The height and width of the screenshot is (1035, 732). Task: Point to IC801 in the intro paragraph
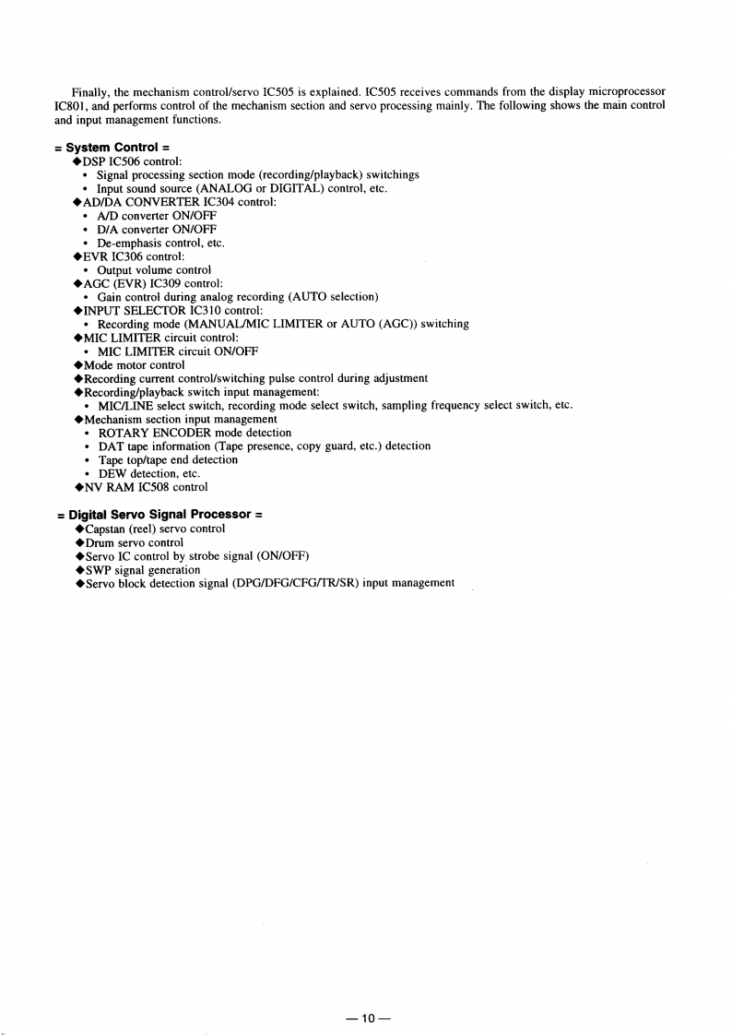click(73, 105)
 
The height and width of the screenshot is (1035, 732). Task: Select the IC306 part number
click(130, 256)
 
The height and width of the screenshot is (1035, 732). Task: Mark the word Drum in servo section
click(100, 542)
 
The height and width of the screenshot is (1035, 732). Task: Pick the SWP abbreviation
click(99, 570)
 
